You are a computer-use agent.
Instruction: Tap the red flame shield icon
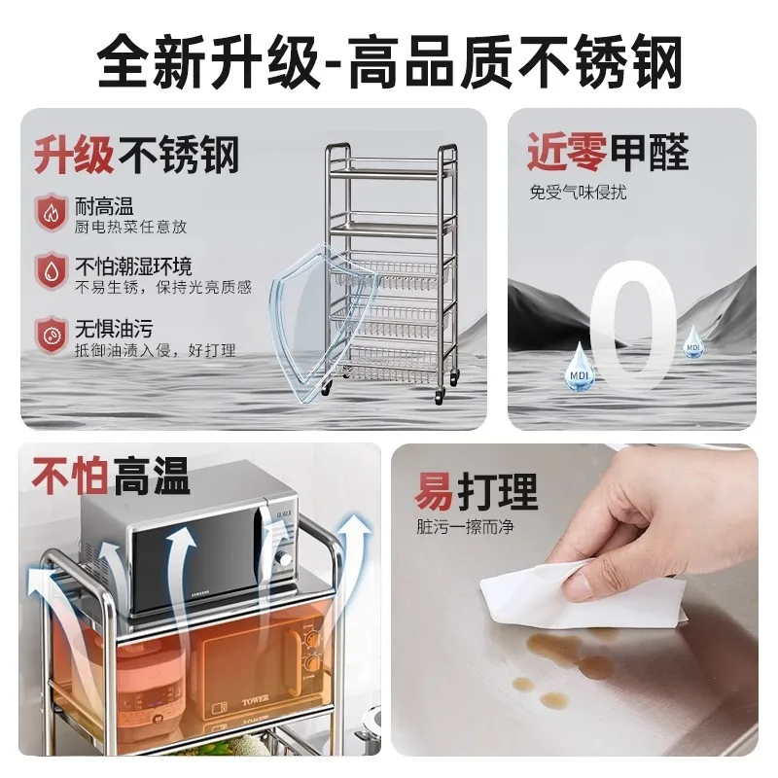click(51, 213)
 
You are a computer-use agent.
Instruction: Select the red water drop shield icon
click(51, 271)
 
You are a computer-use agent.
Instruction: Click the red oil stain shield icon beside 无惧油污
click(51, 336)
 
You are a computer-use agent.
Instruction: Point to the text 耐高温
click(104, 205)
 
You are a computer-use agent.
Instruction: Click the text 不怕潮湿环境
click(133, 266)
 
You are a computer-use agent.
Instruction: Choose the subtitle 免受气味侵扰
click(578, 192)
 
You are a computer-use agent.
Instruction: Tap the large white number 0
click(634, 326)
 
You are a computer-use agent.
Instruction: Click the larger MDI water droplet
click(579, 367)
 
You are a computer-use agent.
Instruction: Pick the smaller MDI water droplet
click(693, 342)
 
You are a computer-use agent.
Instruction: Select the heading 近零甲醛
click(608, 152)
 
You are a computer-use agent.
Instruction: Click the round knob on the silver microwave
click(285, 559)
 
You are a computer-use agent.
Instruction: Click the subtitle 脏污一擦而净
click(465, 526)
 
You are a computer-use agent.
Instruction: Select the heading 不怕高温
click(111, 476)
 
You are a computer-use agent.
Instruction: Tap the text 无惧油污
click(114, 329)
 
